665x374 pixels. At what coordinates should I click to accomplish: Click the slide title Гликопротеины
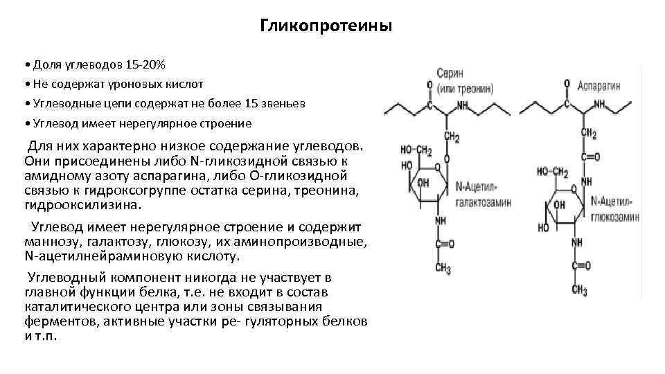tap(326, 26)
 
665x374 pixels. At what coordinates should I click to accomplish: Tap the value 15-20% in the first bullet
tap(145, 65)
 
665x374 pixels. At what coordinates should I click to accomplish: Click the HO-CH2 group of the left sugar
tap(417, 150)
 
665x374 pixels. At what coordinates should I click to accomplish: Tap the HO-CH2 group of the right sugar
tap(553, 172)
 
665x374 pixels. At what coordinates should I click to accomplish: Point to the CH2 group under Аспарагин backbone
tap(588, 134)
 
